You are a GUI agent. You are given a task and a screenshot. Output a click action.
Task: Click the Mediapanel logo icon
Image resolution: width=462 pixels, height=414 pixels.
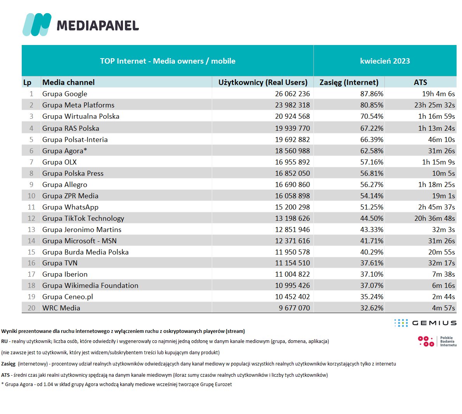pyautogui.click(x=37, y=24)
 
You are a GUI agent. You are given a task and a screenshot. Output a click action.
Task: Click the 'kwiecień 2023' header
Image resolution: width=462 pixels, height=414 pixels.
pyautogui.click(x=385, y=61)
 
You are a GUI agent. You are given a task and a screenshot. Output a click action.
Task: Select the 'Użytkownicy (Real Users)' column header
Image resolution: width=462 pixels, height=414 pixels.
pyautogui.click(x=263, y=82)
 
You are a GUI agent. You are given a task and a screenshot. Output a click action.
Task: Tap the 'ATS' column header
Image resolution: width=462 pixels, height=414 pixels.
pyautogui.click(x=420, y=82)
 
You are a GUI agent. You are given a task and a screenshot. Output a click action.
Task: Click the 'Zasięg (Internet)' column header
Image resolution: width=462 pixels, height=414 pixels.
pyautogui.click(x=349, y=82)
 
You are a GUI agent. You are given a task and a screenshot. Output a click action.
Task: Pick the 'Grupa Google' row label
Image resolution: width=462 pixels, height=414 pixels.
pyautogui.click(x=65, y=94)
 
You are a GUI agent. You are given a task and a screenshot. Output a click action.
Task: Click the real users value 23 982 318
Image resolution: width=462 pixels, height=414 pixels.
pyautogui.click(x=292, y=105)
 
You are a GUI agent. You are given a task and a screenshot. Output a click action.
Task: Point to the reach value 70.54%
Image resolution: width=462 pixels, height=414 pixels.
pyautogui.click(x=372, y=116)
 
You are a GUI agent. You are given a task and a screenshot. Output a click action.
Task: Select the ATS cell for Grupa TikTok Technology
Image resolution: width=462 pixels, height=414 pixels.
pyautogui.click(x=434, y=218)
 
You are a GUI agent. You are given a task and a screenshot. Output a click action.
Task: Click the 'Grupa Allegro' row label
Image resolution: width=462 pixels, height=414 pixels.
pyautogui.click(x=65, y=185)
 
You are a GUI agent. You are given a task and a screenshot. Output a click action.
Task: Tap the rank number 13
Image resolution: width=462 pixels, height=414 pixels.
pyautogui.click(x=31, y=230)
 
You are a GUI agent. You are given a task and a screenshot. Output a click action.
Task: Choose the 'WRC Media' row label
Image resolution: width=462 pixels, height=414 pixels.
pyautogui.click(x=61, y=308)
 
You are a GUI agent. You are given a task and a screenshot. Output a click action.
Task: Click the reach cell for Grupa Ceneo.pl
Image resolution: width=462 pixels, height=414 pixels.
pyautogui.click(x=372, y=297)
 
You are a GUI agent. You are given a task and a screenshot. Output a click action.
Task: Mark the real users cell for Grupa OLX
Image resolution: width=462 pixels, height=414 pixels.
pyautogui.click(x=292, y=162)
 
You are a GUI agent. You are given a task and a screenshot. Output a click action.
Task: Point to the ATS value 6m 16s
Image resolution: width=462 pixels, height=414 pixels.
pyautogui.click(x=443, y=286)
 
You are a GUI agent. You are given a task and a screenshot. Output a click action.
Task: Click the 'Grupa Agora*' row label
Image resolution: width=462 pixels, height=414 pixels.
pyautogui.click(x=64, y=151)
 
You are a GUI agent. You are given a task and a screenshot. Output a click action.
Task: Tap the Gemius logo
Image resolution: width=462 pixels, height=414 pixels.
pyautogui.click(x=425, y=323)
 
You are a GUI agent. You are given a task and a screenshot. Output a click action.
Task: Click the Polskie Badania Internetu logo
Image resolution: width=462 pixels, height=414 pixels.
pyautogui.click(x=437, y=341)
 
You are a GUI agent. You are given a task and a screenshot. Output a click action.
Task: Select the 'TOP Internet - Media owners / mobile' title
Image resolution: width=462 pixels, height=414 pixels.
pyautogui.click(x=168, y=61)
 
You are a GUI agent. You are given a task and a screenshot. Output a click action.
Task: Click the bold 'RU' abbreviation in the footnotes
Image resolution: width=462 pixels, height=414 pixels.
pyautogui.click(x=5, y=341)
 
